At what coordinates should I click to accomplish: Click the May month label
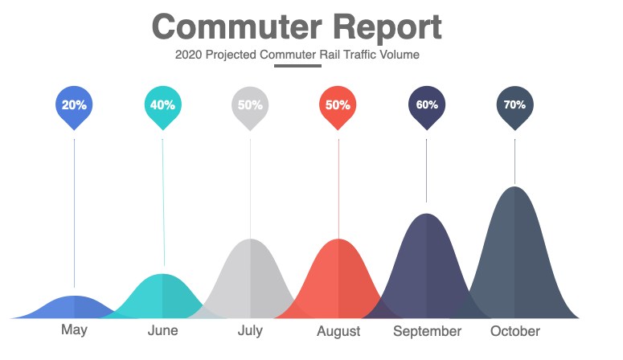click(74, 329)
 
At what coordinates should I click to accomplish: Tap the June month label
click(163, 330)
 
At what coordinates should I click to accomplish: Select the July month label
click(250, 330)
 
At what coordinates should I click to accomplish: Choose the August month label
click(338, 331)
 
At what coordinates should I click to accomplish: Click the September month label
click(428, 331)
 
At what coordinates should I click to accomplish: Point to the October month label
click(515, 331)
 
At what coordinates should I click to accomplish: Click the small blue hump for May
click(74, 308)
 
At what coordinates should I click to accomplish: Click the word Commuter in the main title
click(237, 27)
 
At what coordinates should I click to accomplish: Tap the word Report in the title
click(387, 27)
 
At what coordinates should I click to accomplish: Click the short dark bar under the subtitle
click(297, 66)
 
